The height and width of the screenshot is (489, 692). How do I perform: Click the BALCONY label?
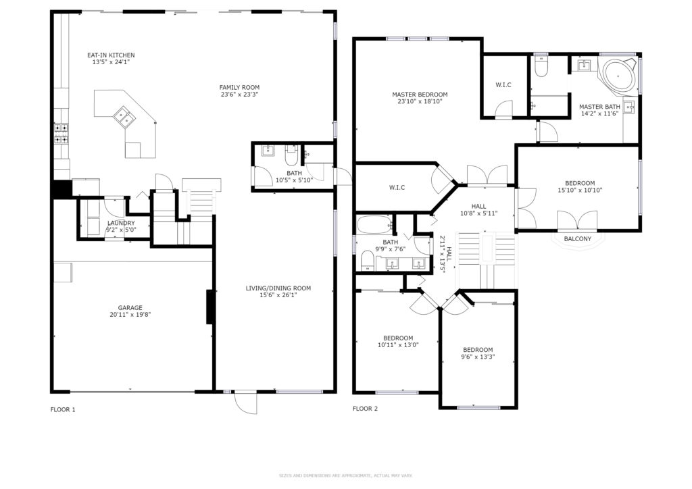coord(578,239)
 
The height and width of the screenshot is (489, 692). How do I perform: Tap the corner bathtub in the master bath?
coord(618,76)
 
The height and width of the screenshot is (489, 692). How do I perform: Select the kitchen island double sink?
coord(124,117)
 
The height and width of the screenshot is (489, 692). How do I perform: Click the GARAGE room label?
coord(130,308)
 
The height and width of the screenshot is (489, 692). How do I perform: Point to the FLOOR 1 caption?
coord(63,409)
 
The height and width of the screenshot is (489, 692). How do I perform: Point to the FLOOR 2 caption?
coord(365,409)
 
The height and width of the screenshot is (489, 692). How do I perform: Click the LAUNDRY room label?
coord(120,223)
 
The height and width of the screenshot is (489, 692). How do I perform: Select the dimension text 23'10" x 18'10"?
coord(420,101)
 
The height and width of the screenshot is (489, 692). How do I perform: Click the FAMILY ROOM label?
coord(239,87)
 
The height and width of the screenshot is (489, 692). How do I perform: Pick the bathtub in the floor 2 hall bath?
coord(374,225)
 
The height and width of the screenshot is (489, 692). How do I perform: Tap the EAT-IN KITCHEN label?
coord(111,55)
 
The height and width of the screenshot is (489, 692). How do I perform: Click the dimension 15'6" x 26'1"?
coord(278,295)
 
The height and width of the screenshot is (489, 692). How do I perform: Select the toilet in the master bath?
coord(541,67)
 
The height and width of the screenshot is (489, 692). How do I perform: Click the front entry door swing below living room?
coord(245,403)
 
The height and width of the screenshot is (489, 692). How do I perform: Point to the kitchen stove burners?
coord(61,134)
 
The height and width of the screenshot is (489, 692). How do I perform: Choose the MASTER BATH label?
coord(599,107)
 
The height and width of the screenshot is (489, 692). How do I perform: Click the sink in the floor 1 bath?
coord(268,151)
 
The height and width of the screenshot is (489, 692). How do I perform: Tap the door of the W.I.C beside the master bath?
coord(503,110)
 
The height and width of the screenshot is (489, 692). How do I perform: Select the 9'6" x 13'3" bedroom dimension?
coord(478,357)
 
